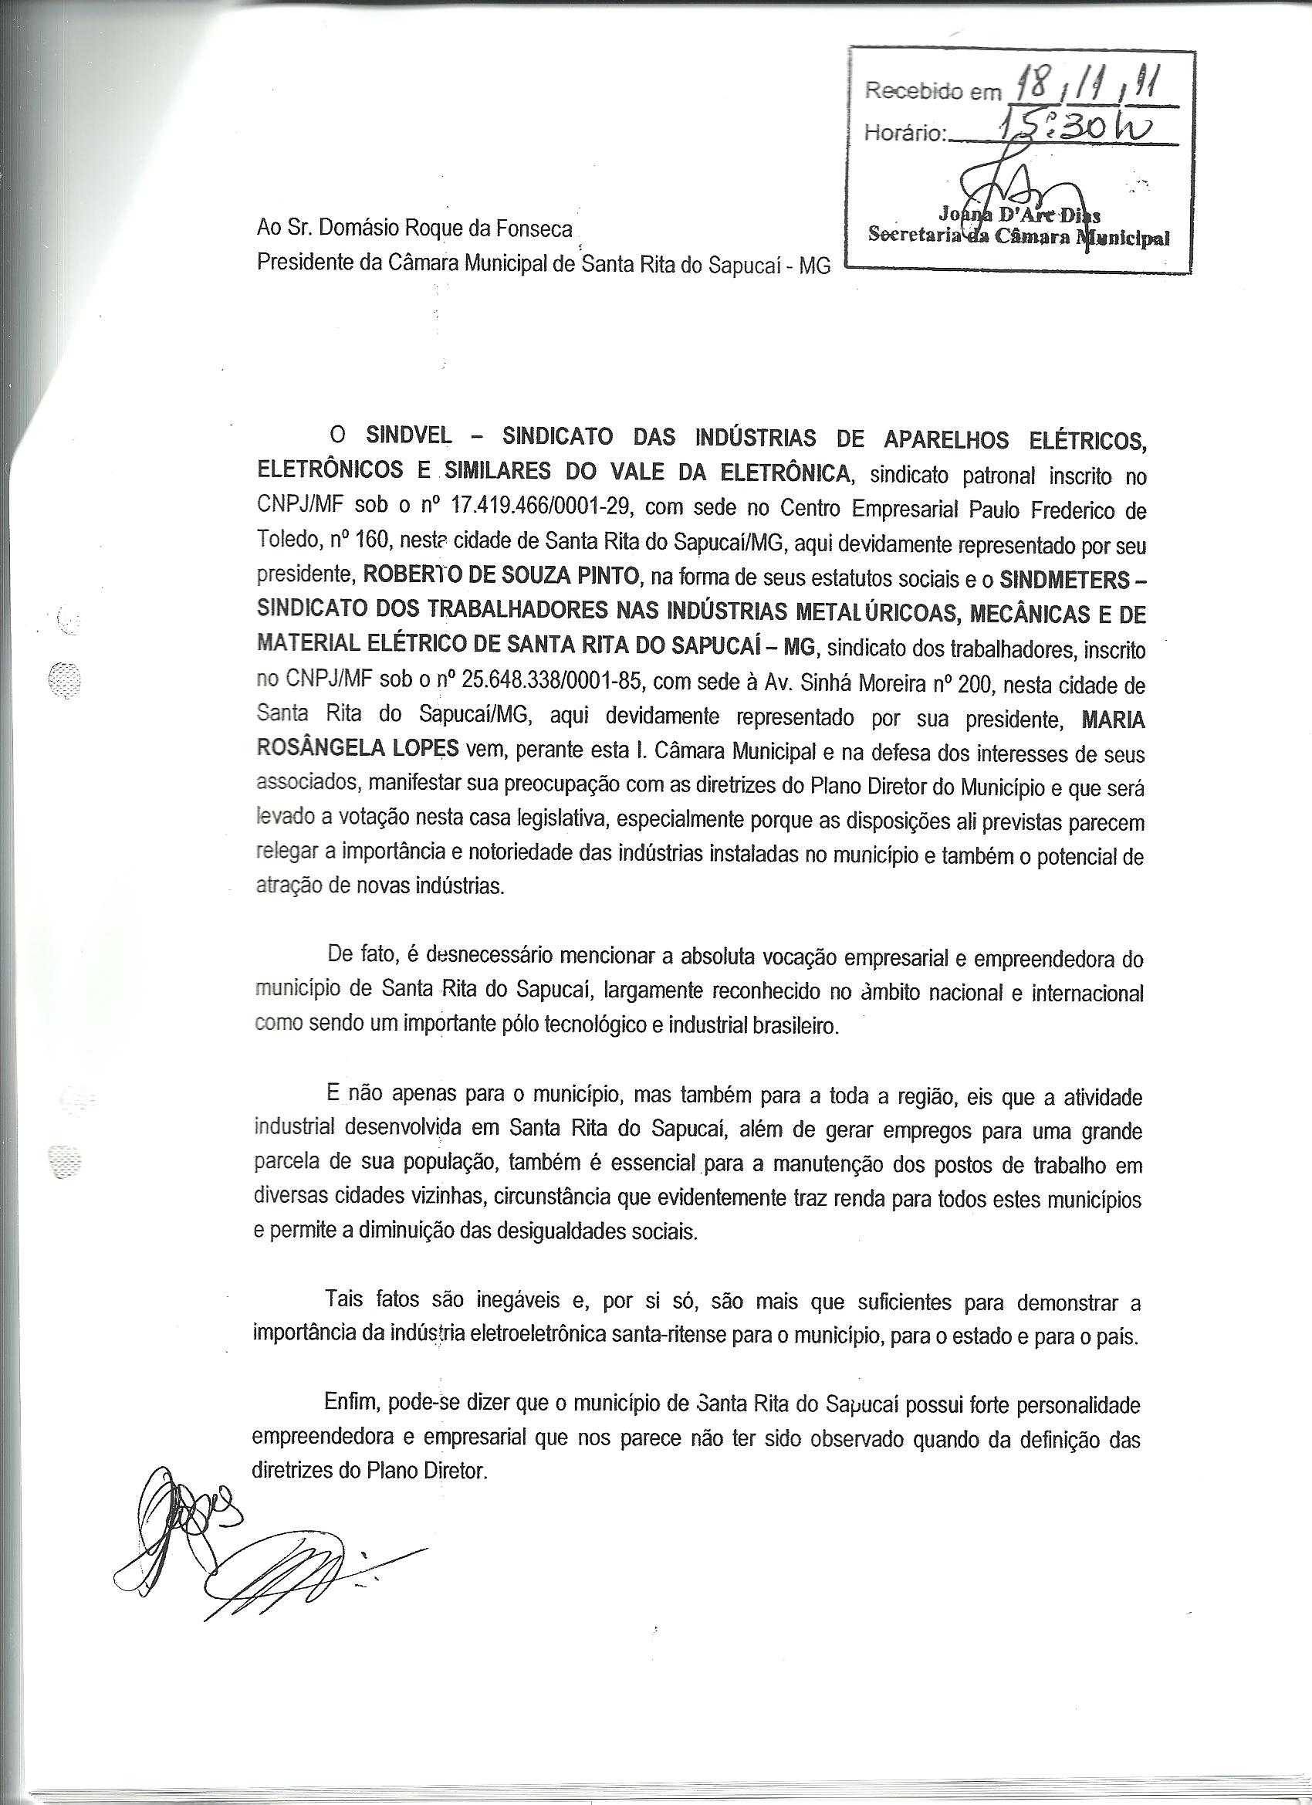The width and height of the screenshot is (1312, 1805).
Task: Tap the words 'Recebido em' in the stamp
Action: [x=932, y=92]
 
